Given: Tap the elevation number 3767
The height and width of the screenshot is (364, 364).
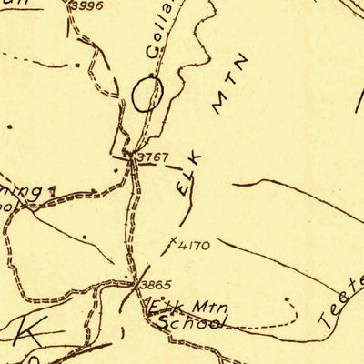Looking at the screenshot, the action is pyautogui.click(x=152, y=157).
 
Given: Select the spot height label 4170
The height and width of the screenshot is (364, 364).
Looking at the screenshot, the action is pyautogui.click(x=195, y=244).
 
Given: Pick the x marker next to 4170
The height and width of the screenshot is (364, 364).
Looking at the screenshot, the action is pyautogui.click(x=174, y=241).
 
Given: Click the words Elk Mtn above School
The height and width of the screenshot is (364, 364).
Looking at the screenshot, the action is pyautogui.click(x=178, y=307).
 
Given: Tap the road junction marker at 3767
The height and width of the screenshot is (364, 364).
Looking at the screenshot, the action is pyautogui.click(x=131, y=157).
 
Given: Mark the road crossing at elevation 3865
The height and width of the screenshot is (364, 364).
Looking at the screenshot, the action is pyautogui.click(x=136, y=283).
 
